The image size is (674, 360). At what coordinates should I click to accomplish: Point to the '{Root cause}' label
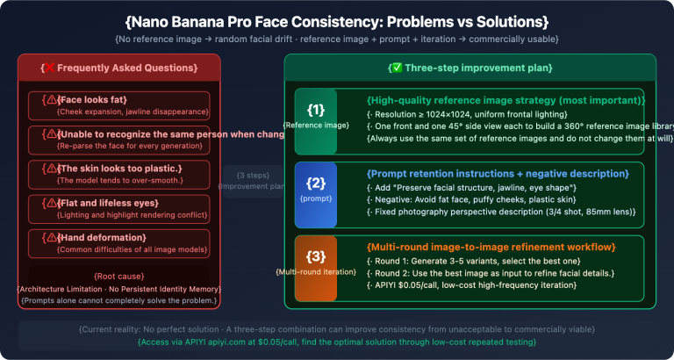coord(119,277)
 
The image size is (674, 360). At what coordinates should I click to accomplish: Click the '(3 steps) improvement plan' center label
coord(253,180)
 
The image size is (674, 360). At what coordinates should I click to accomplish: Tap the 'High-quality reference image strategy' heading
coord(491,100)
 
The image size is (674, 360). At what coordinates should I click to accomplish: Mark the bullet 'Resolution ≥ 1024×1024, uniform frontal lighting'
coord(467,115)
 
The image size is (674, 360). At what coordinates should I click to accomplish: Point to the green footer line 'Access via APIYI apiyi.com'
coord(337,342)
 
